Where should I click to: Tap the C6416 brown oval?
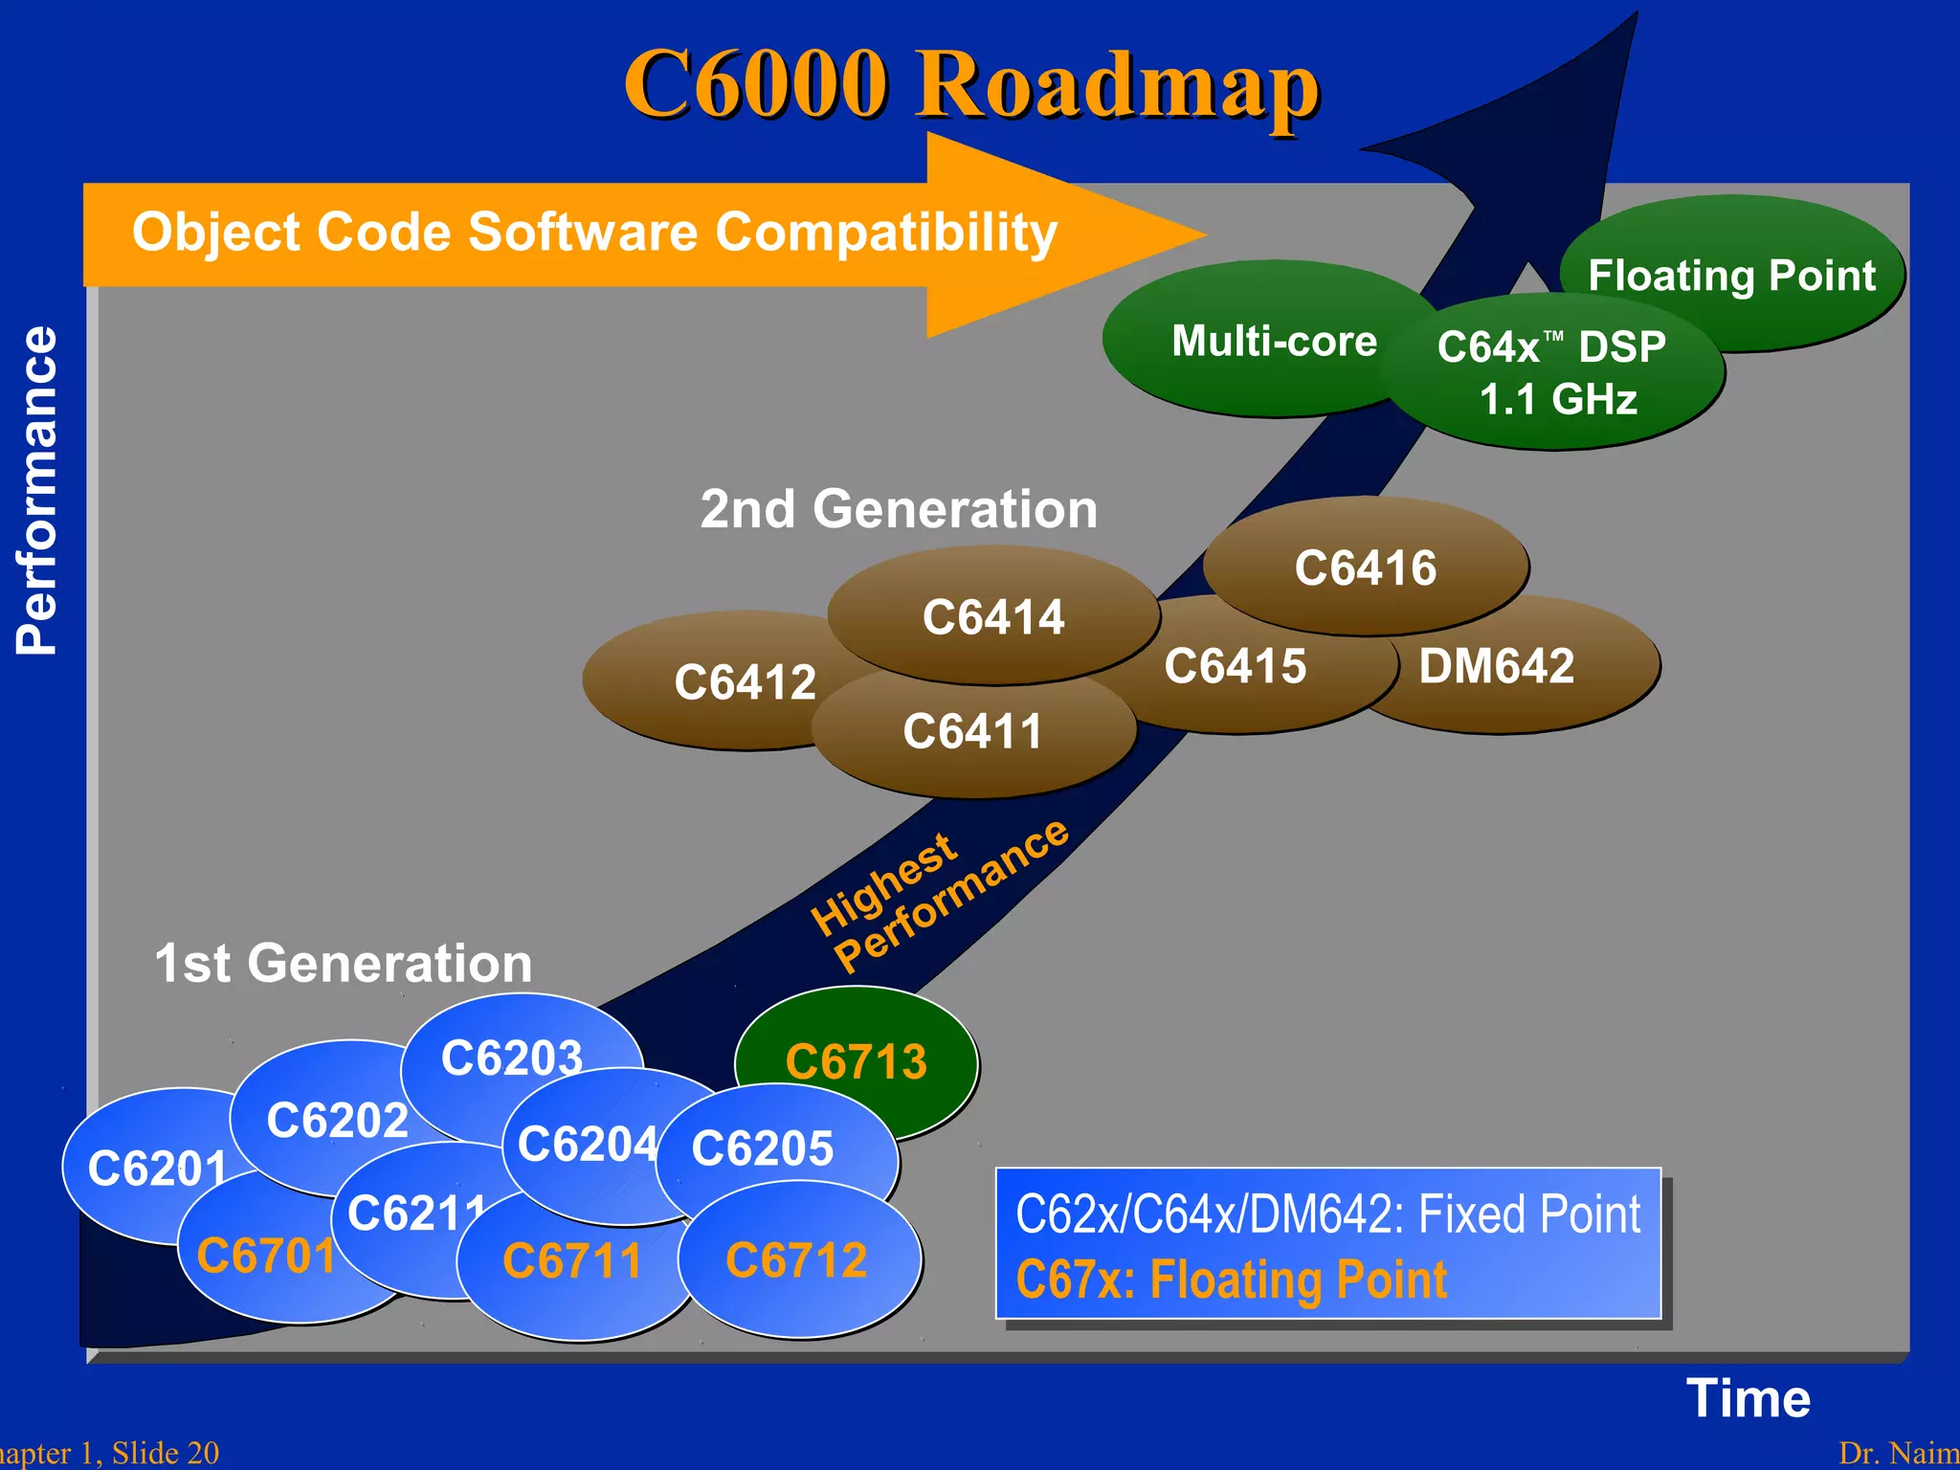pyautogui.click(x=1365, y=567)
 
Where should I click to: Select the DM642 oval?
pyautogui.click(x=1512, y=667)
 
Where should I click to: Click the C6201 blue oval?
pyautogui.click(x=144, y=1168)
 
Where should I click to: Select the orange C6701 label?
pyautogui.click(x=265, y=1257)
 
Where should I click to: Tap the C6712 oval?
pyautogui.click(x=797, y=1260)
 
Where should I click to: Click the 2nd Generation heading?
pyautogui.click(x=898, y=509)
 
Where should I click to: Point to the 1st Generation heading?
pyautogui.click(x=343, y=963)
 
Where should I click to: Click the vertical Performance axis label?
pyautogui.click(x=36, y=490)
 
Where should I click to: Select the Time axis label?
pyautogui.click(x=1748, y=1398)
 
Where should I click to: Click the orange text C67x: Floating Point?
pyautogui.click(x=1231, y=1280)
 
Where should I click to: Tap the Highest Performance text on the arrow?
pyautogui.click(x=938, y=896)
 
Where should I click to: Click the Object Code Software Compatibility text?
pyautogui.click(x=593, y=233)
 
